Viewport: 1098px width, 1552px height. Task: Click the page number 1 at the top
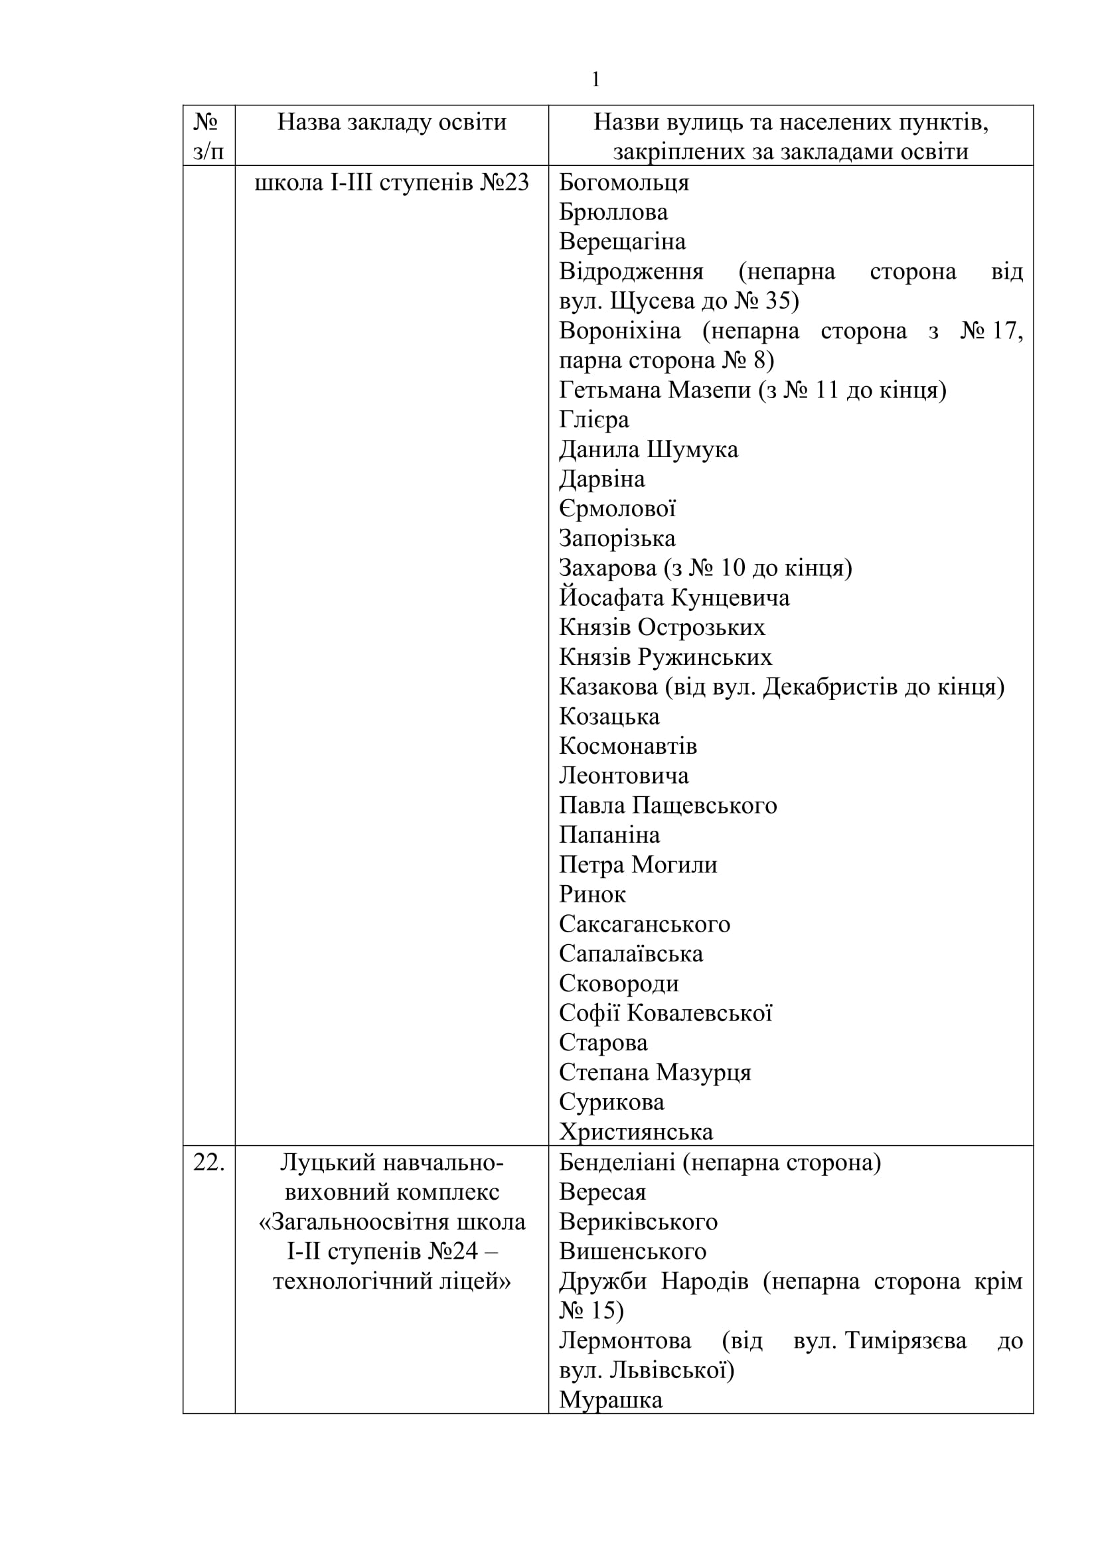pos(595,80)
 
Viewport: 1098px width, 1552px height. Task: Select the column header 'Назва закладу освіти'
pos(392,122)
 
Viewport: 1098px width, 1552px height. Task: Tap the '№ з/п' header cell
pos(208,136)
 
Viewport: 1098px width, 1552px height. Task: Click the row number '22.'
pos(208,1163)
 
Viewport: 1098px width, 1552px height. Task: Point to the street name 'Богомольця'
pos(623,182)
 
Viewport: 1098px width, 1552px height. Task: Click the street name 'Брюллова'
pos(613,212)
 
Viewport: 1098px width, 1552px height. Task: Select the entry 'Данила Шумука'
pos(649,449)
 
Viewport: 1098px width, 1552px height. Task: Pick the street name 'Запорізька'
pos(617,539)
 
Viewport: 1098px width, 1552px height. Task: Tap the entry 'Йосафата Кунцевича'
pos(674,598)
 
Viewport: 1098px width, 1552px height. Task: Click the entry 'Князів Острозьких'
pos(662,627)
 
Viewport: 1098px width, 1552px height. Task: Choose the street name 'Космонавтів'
pos(628,746)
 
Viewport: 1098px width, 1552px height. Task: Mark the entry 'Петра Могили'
pos(638,865)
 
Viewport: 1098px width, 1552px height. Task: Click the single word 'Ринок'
pos(592,894)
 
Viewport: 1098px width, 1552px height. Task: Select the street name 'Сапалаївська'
pos(631,953)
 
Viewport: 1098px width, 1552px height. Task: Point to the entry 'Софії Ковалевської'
pos(665,1013)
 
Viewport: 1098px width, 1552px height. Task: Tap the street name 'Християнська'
pos(636,1131)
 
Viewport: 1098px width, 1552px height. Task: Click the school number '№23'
pos(505,182)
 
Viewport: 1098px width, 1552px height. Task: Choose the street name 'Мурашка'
pos(611,1399)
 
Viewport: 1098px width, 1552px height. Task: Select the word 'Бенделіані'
pos(617,1163)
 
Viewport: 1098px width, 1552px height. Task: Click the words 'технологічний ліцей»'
pos(392,1281)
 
